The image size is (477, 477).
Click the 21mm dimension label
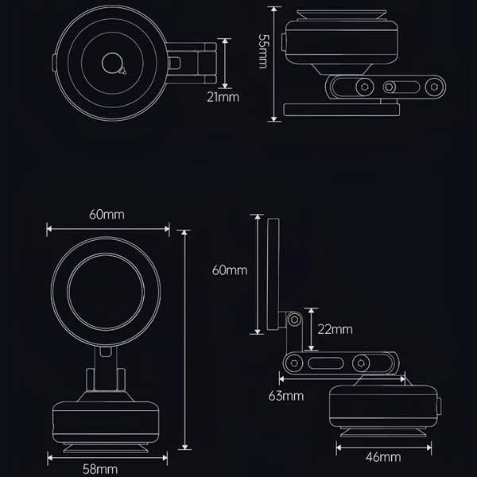click(x=223, y=97)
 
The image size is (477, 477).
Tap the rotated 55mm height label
click(x=263, y=51)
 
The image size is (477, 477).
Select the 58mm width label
click(x=100, y=469)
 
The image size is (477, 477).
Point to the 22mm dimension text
click(x=335, y=329)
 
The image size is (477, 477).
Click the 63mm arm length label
click(x=286, y=396)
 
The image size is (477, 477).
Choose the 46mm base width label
click(x=383, y=457)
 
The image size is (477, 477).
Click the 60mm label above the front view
click(x=107, y=215)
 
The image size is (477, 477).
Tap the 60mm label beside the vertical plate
click(x=230, y=270)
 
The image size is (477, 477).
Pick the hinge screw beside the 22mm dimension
click(x=294, y=320)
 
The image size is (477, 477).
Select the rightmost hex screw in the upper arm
click(x=434, y=87)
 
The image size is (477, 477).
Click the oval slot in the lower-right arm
click(x=325, y=363)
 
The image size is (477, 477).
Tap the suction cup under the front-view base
click(x=106, y=448)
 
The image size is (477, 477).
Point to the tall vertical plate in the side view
click(x=273, y=274)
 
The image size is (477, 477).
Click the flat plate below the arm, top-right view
click(x=341, y=110)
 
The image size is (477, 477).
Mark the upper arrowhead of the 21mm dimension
click(x=225, y=42)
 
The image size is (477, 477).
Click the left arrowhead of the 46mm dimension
click(x=339, y=448)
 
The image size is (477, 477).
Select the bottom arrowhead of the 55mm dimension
click(x=274, y=118)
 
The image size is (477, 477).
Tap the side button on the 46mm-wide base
click(x=439, y=405)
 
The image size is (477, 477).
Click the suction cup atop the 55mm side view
click(x=342, y=14)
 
